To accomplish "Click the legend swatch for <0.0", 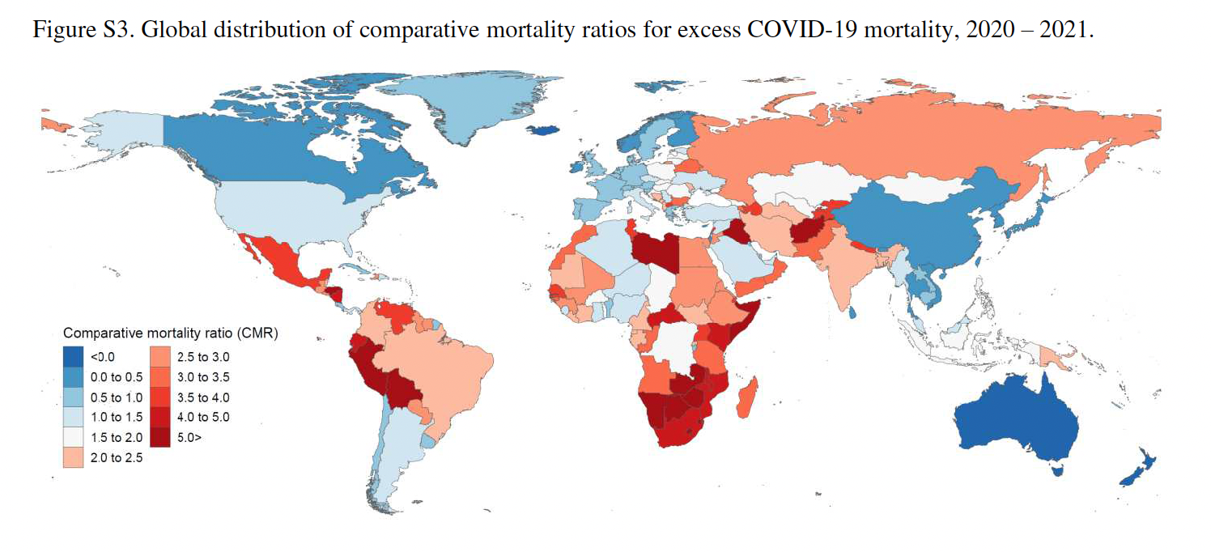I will pos(74,356).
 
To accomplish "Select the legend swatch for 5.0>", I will pos(160,438).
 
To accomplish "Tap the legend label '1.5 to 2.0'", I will pos(115,438).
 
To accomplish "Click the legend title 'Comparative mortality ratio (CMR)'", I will pos(171,333).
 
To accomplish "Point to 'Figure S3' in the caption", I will pos(70,30).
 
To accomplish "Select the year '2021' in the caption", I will pos(1070,30).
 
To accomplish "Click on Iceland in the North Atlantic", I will pos(552,130).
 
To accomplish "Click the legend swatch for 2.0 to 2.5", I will pos(74,458).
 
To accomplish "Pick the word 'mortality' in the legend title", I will pos(171,333).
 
